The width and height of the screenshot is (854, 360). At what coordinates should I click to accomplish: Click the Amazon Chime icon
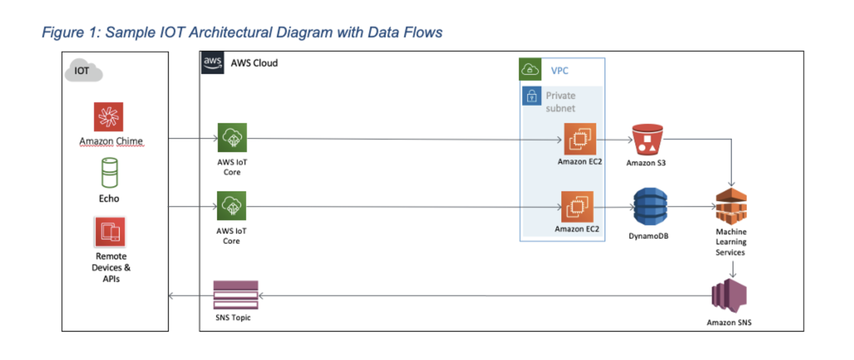click(x=109, y=117)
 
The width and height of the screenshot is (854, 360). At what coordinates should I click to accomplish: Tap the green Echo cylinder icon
click(x=110, y=173)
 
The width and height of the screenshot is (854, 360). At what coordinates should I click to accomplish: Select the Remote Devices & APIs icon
click(x=110, y=232)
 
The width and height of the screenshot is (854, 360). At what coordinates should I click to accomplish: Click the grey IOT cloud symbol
click(x=84, y=71)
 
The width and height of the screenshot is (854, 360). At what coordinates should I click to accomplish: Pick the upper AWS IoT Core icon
click(x=232, y=138)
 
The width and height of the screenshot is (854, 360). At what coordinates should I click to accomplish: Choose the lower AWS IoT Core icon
click(x=232, y=206)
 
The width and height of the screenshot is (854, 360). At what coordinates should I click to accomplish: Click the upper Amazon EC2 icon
click(x=580, y=139)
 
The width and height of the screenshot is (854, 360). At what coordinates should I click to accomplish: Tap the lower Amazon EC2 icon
click(x=577, y=207)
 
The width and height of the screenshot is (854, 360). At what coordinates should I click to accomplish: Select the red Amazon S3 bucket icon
click(x=647, y=140)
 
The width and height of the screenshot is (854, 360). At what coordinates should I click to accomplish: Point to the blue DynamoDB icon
click(x=650, y=207)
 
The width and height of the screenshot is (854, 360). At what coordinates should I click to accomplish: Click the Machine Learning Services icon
click(x=731, y=206)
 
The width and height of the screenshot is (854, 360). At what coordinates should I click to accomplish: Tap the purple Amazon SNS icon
click(x=729, y=296)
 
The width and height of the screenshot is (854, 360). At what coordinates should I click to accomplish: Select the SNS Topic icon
click(x=236, y=295)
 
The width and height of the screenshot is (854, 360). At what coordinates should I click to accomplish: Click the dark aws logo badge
click(x=212, y=63)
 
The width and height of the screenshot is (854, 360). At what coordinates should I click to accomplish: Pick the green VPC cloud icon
click(x=530, y=69)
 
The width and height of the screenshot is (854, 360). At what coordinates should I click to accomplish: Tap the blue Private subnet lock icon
click(x=532, y=96)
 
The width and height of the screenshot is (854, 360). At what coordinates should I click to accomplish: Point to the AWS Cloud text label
click(x=254, y=63)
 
